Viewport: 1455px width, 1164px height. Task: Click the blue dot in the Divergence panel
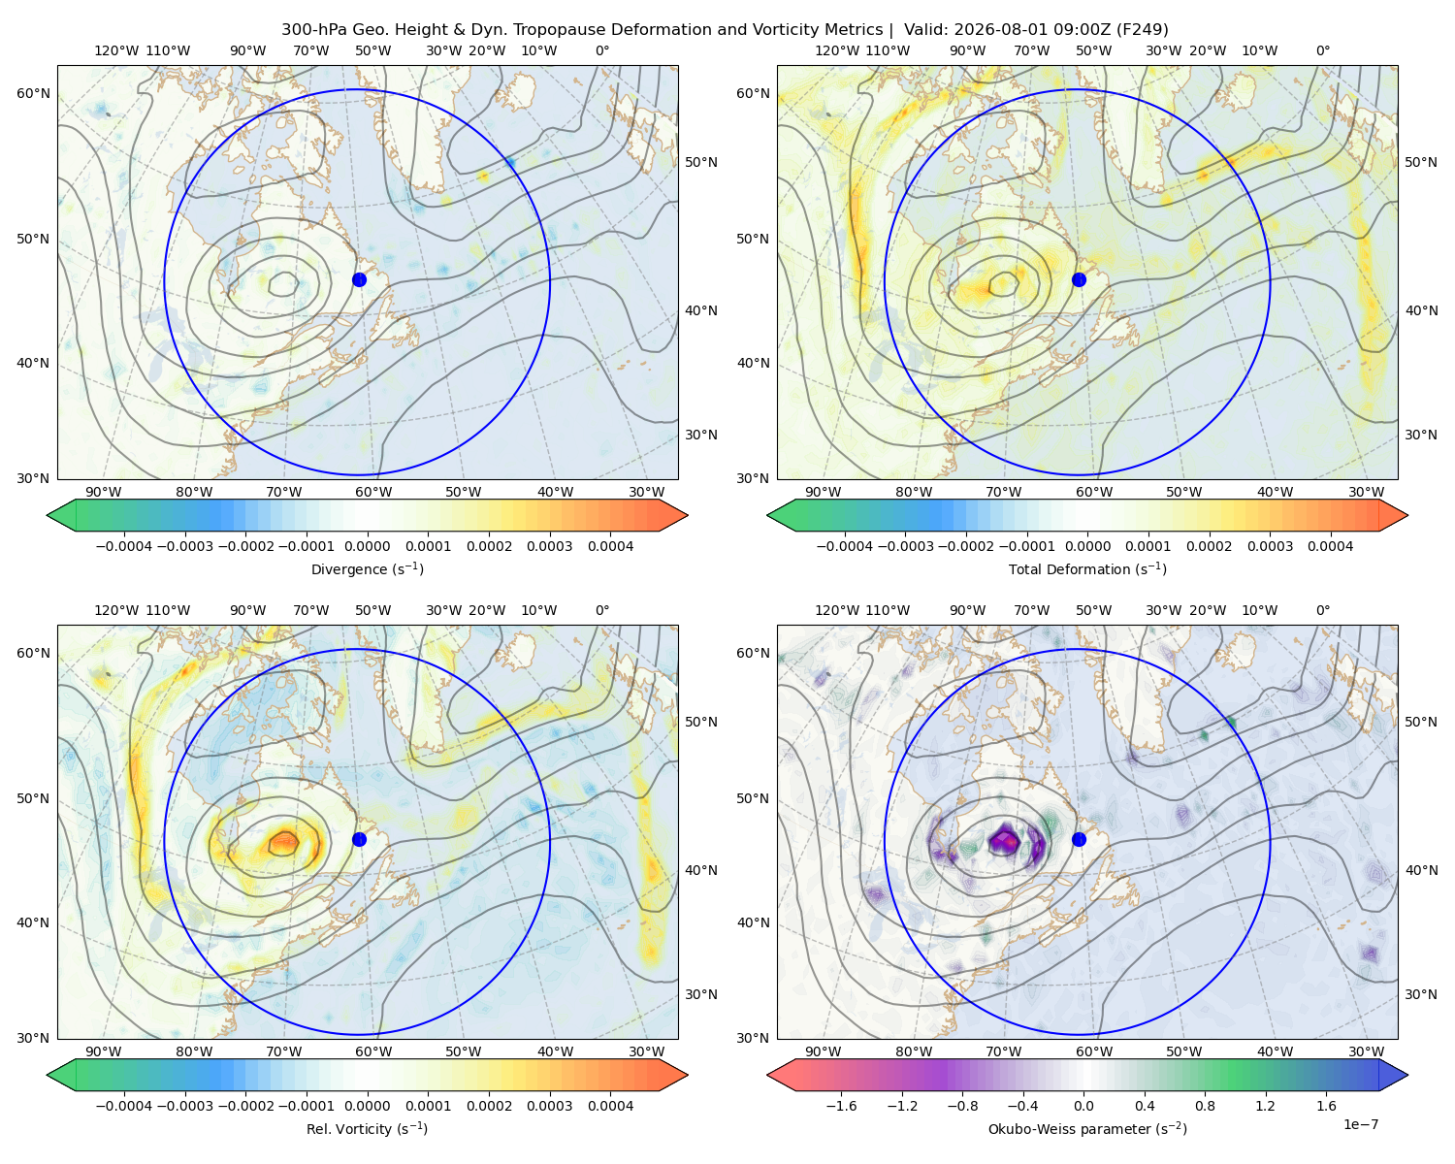click(x=359, y=279)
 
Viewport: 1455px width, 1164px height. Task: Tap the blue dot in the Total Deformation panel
click(x=1079, y=279)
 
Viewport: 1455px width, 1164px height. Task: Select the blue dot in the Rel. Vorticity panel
click(x=359, y=839)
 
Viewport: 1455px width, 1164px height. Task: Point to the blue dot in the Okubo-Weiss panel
click(x=1079, y=839)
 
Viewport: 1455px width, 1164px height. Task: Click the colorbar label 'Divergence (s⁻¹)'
click(x=367, y=568)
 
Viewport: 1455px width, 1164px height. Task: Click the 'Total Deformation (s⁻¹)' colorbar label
click(x=1087, y=568)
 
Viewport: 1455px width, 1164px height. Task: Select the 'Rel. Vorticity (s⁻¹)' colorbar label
click(x=367, y=1129)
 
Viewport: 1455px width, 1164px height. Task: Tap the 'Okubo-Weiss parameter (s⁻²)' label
click(x=1087, y=1129)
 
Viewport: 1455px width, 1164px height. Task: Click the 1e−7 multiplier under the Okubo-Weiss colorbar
click(x=1360, y=1124)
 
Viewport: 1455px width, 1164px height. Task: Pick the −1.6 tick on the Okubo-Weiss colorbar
click(x=842, y=1106)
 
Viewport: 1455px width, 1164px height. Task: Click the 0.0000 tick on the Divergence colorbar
click(x=367, y=546)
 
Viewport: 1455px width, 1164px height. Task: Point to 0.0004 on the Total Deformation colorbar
click(x=1330, y=546)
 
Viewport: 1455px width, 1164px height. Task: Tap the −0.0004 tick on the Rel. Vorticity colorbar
click(x=124, y=1106)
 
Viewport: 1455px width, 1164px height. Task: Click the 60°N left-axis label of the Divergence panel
click(x=34, y=93)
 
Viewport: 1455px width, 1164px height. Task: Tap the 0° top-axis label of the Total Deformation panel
click(x=1322, y=50)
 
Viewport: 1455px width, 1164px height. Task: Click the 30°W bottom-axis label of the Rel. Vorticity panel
click(x=646, y=1051)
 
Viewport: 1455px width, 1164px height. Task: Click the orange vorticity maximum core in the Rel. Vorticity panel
click(x=283, y=843)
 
